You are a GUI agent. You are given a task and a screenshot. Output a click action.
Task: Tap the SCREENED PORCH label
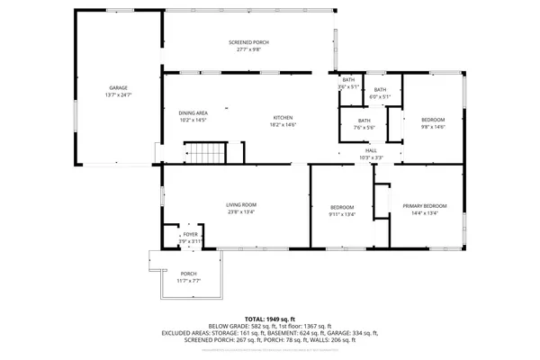click(247, 42)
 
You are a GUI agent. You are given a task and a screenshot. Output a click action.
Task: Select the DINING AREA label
click(193, 112)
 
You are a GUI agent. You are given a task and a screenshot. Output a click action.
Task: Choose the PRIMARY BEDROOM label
click(424, 206)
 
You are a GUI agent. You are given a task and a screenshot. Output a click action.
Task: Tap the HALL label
click(371, 150)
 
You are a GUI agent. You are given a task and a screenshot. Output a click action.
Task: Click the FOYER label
click(191, 235)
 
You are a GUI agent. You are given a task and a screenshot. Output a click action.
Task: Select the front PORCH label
click(188, 274)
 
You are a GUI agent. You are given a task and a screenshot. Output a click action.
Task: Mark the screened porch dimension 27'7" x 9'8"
click(247, 50)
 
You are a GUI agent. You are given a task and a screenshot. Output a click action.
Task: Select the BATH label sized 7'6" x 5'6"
click(364, 121)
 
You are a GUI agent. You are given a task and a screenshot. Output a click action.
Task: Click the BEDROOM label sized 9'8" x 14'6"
click(434, 119)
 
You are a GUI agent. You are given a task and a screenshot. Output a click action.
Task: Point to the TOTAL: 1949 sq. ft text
click(270, 319)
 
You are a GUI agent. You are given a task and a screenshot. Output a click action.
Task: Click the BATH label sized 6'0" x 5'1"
click(380, 89)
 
